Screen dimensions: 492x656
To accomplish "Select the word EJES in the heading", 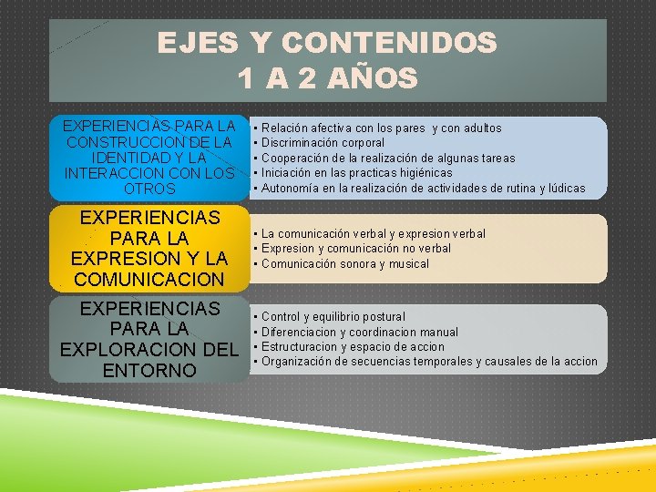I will coord(198,43).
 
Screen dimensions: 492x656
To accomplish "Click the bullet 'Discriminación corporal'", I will coord(323,143).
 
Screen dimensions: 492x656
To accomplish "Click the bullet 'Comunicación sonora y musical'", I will coord(345,264).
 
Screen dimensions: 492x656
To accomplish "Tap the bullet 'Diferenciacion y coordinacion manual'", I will coord(359,332).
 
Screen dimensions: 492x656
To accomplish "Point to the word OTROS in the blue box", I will coord(149,189).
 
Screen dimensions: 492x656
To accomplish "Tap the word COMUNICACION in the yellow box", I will coord(149,279).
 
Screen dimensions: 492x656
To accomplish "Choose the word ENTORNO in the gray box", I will coord(149,370).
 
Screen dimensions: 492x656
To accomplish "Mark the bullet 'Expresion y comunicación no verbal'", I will coord(355,249).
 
